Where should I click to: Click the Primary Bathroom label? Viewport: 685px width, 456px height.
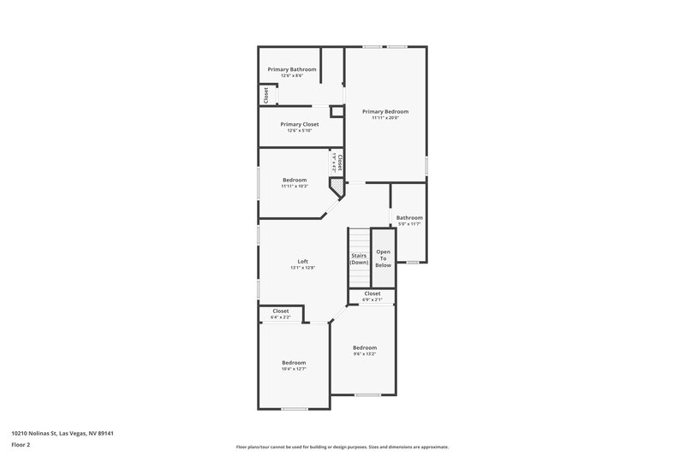pos(292,69)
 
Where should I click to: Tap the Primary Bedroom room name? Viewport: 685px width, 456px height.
pos(384,111)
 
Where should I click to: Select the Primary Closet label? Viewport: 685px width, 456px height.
pos(299,124)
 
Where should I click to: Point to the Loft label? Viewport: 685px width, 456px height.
pos(302,262)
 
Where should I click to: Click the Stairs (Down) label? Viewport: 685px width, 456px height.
pos(359,258)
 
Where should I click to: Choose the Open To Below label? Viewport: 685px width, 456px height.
pos(383,258)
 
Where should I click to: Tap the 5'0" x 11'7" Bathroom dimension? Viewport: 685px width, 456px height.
pos(409,224)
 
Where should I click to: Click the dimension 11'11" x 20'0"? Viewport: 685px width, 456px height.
pos(384,118)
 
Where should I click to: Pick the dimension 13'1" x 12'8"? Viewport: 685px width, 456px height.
pos(302,269)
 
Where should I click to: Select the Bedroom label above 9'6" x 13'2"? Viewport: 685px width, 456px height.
pos(365,347)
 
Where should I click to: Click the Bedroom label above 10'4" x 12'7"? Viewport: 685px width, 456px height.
pos(294,363)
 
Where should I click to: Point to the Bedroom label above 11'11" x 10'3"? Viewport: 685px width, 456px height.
pos(295,180)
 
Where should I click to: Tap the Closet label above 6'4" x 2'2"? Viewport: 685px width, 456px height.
pos(281,311)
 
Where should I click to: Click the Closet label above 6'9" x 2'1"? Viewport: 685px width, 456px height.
pos(372,293)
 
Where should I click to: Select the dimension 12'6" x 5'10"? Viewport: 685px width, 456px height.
pos(299,131)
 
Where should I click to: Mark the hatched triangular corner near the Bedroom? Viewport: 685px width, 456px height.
pos(338,186)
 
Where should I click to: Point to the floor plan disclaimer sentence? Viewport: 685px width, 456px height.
pos(342,447)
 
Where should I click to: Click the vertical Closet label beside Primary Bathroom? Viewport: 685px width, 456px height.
pos(266,94)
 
